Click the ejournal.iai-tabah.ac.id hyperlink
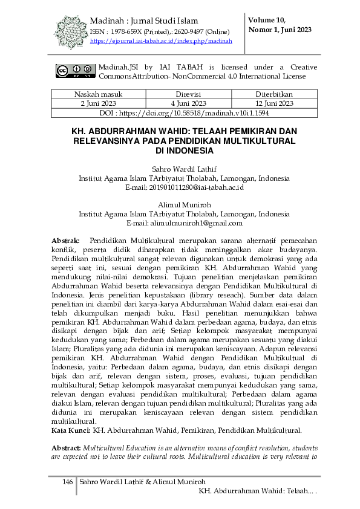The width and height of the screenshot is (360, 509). [x=161, y=41]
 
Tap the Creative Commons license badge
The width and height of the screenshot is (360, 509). [x=76, y=71]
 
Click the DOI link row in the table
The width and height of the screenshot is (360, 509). [x=184, y=112]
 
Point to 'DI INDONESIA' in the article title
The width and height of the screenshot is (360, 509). [x=183, y=150]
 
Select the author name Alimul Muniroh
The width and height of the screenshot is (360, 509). [x=184, y=205]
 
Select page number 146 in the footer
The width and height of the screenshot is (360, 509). [x=68, y=482]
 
